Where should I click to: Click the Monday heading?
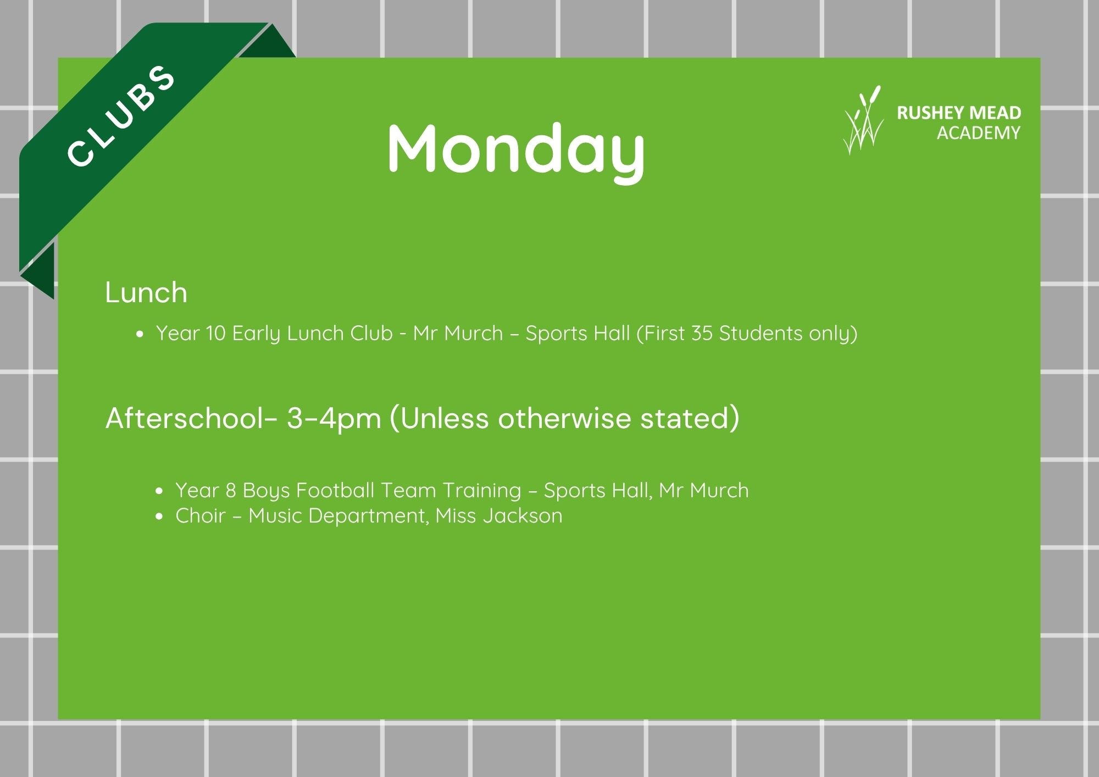tap(516, 149)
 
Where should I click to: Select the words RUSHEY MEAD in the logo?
tap(959, 113)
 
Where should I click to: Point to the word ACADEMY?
tap(979, 133)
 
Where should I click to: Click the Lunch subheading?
tap(146, 292)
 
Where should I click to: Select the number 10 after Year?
tap(215, 333)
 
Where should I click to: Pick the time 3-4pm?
tap(334, 419)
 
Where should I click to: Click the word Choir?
tap(201, 515)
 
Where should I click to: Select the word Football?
tap(335, 490)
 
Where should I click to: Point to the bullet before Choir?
tap(160, 517)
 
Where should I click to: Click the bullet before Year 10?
tap(141, 334)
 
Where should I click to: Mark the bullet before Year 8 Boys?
tap(160, 491)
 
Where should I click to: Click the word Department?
tap(369, 517)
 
